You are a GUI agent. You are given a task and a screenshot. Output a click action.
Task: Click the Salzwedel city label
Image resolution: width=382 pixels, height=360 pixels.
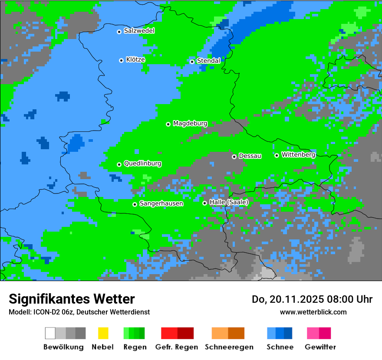click(x=139, y=31)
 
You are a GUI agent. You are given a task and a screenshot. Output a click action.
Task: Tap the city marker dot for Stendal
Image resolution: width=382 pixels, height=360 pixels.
click(x=192, y=62)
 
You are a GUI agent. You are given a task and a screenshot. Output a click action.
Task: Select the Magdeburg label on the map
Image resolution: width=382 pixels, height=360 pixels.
click(x=190, y=124)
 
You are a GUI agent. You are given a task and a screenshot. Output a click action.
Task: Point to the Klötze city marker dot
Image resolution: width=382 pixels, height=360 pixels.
click(x=121, y=60)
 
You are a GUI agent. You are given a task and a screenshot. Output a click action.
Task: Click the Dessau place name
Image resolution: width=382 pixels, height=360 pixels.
click(x=250, y=156)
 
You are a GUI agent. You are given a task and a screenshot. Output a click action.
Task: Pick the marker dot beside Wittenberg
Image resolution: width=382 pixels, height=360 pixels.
click(x=277, y=155)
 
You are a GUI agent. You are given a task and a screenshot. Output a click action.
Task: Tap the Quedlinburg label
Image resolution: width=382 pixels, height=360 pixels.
click(x=142, y=164)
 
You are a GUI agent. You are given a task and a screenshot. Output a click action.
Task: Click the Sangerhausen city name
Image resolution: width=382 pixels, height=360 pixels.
click(x=161, y=203)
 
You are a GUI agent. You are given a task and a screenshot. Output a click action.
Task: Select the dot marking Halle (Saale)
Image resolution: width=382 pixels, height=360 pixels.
click(x=204, y=203)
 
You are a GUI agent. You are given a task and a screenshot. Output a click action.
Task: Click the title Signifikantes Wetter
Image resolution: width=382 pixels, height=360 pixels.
click(x=72, y=299)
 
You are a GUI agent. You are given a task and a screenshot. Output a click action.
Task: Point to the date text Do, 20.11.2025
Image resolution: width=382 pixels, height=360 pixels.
click(x=287, y=299)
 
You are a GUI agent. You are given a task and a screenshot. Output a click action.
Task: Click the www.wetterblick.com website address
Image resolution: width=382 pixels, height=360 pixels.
click(x=313, y=312)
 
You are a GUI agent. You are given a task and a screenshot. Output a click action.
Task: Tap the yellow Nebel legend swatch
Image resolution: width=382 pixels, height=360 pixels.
click(x=103, y=333)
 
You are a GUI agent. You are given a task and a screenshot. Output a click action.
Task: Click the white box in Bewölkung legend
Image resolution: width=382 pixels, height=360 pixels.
click(x=50, y=333)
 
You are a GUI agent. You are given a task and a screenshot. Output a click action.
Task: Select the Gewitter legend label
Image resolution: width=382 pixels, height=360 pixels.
click(x=320, y=347)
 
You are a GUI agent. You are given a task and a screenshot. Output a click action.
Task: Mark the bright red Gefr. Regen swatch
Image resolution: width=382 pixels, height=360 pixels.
click(x=169, y=333)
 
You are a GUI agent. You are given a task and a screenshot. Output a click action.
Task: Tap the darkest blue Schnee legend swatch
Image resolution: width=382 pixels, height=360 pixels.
click(x=288, y=333)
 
